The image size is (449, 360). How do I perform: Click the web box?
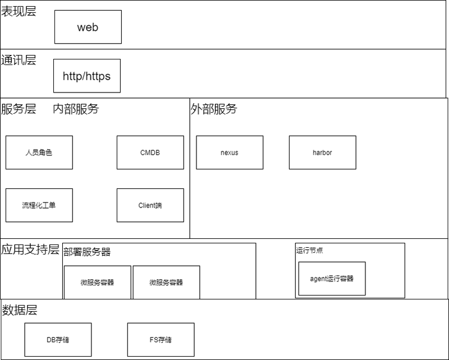click(x=88, y=27)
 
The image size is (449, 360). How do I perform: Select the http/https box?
click(x=87, y=76)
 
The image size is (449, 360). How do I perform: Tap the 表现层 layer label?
click(x=19, y=11)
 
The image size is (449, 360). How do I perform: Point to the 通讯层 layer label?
click(x=19, y=60)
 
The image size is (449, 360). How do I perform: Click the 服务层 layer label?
click(x=19, y=109)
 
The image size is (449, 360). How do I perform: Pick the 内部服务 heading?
click(x=76, y=109)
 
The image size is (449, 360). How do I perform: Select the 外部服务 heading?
click(x=214, y=109)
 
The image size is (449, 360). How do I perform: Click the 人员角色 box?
click(x=39, y=153)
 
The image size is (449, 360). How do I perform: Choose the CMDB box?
click(x=150, y=153)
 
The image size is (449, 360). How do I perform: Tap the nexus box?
click(x=230, y=153)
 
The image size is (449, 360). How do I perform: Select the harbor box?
click(x=323, y=153)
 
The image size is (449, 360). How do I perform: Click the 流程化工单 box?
click(x=39, y=205)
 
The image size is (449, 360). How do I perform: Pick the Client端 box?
click(x=150, y=205)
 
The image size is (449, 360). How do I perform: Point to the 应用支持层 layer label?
click(x=30, y=250)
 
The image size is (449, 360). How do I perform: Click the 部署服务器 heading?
click(x=87, y=252)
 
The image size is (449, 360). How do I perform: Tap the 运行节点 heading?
click(x=310, y=251)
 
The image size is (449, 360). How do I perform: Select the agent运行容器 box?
click(x=332, y=279)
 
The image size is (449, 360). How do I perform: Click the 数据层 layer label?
click(x=20, y=310)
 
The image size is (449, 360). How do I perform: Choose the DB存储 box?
click(x=58, y=340)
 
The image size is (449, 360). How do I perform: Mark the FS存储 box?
click(x=161, y=340)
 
